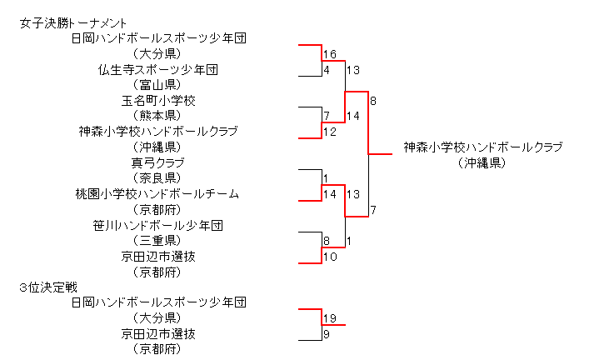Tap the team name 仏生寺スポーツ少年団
(x=158, y=70)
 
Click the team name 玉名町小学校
(x=158, y=101)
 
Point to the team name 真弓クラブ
(x=158, y=162)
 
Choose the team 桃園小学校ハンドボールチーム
(x=158, y=194)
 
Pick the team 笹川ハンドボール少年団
(x=158, y=225)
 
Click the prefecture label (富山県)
(x=158, y=85)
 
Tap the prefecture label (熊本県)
(x=158, y=116)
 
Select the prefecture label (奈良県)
(x=158, y=178)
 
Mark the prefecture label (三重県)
(x=158, y=241)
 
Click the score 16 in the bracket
(x=329, y=54)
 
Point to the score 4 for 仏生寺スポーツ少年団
(x=327, y=70)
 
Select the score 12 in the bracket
(x=329, y=132)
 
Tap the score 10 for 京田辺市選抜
(x=329, y=257)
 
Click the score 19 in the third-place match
(x=329, y=318)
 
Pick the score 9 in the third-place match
(x=327, y=334)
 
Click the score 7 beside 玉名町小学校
(x=327, y=116)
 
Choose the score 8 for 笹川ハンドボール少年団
(x=327, y=241)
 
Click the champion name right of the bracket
(x=483, y=147)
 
